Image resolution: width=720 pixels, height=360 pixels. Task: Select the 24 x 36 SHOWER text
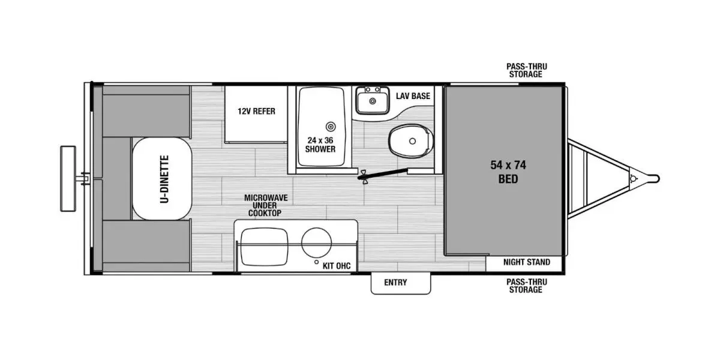point(320,145)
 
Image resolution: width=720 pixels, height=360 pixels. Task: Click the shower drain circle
point(330,127)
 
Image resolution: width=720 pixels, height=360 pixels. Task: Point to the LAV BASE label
point(413,96)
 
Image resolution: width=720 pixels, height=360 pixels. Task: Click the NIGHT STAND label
point(526,262)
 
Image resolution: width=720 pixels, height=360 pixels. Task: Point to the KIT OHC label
point(336,265)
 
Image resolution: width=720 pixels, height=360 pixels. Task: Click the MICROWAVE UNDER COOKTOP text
point(262,205)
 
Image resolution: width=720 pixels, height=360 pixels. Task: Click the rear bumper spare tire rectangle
point(68,178)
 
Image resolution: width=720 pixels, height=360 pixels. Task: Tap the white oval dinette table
point(162,178)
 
